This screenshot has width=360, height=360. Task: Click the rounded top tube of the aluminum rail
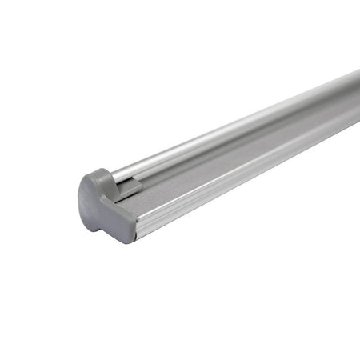(240, 128)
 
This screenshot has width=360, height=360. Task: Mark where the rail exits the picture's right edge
(357, 100)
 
